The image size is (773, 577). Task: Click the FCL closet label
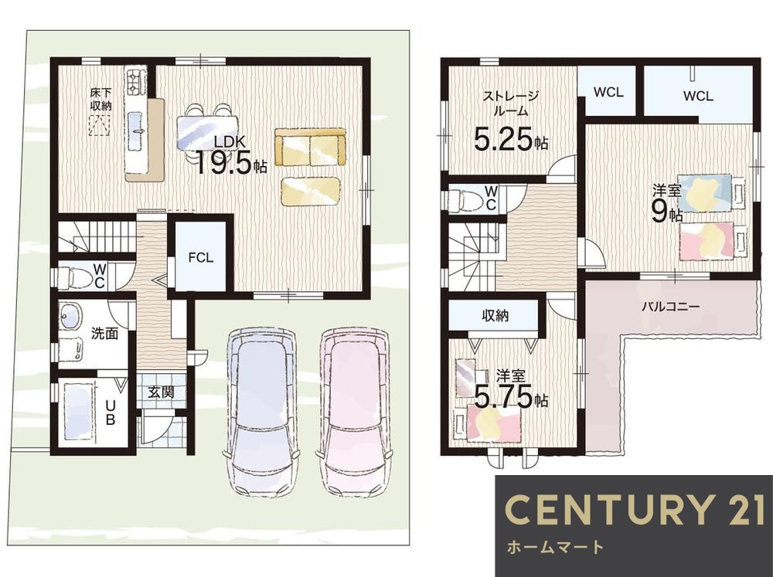click(201, 258)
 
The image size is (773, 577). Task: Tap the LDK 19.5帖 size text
click(230, 163)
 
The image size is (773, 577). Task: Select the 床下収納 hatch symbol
click(99, 125)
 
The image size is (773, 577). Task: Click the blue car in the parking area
click(262, 412)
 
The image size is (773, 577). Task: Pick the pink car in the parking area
click(354, 412)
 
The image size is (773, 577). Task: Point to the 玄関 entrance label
click(162, 392)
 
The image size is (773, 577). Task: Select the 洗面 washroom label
click(104, 334)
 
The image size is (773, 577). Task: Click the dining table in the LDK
click(207, 132)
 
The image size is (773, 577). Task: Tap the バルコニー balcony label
click(670, 307)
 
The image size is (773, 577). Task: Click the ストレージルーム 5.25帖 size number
click(511, 140)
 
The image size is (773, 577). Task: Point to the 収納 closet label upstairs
click(495, 316)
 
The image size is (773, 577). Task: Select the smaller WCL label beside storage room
click(608, 92)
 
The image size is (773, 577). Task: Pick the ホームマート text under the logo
click(555, 547)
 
